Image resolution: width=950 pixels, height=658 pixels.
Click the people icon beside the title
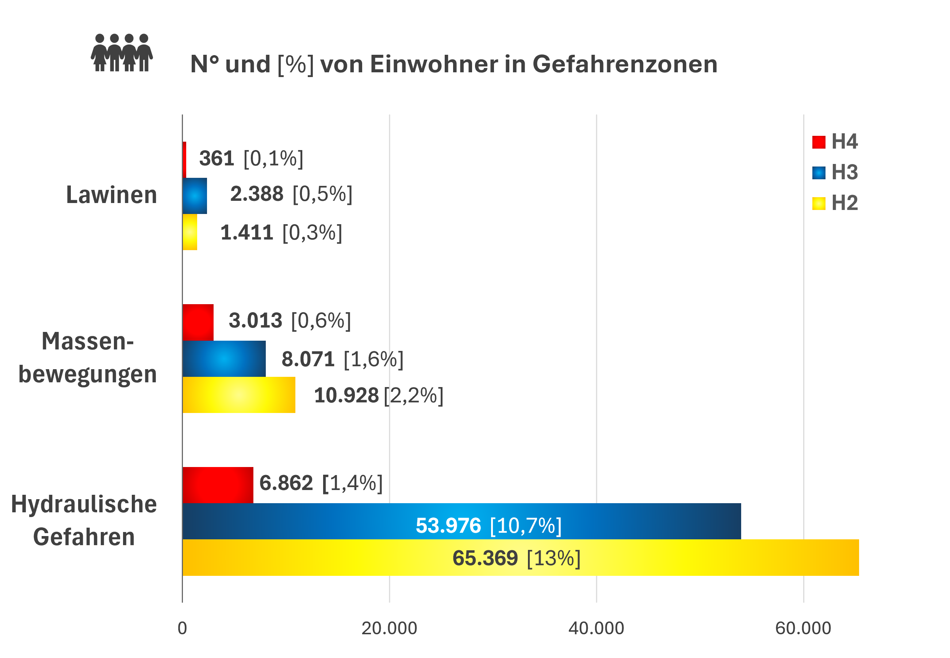coord(122,53)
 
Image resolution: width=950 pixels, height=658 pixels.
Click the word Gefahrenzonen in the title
coord(624,64)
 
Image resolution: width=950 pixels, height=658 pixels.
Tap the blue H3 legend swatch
coord(819,173)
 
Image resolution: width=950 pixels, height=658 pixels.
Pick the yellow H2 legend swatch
coord(819,203)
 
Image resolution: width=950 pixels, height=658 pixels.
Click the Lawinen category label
coord(111,195)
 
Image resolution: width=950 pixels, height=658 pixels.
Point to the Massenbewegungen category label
coord(87,358)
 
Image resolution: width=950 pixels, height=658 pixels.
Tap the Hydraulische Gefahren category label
coord(84,520)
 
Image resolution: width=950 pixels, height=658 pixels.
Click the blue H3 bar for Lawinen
coord(195,196)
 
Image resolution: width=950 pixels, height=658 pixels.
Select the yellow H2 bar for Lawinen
coord(189,232)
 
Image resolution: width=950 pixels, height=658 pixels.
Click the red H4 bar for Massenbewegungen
coord(198,322)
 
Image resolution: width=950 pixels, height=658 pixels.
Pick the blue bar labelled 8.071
coord(224,359)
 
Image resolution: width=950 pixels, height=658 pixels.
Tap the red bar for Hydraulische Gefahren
coord(218,485)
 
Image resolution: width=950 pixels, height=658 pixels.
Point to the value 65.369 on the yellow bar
coord(485,558)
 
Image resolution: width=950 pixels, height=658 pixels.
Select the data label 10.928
coord(346,395)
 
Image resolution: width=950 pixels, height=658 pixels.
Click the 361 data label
coord(217,158)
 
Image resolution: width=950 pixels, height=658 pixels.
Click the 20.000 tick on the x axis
coord(389,628)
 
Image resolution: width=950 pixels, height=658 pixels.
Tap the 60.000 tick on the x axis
coord(803,628)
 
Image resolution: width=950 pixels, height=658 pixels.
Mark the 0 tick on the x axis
coord(182,628)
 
